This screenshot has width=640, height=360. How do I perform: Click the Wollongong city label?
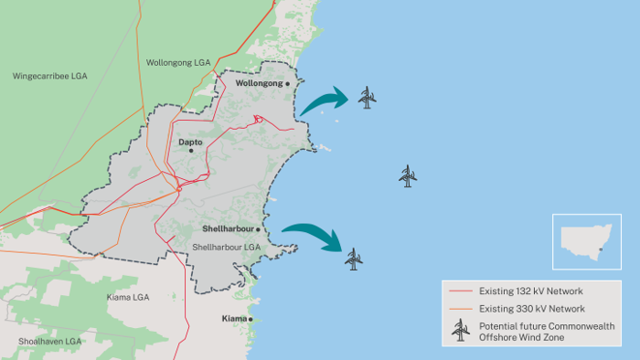coord(260,83)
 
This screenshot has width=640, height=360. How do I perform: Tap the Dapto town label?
coord(189,143)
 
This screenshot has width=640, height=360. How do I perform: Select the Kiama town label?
coord(234,319)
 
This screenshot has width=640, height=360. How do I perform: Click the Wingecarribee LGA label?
coord(49,75)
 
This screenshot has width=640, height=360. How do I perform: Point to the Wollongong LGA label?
coord(178,63)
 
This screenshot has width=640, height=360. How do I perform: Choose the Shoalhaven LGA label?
coord(50,341)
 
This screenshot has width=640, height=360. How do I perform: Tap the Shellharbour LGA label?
coord(227,248)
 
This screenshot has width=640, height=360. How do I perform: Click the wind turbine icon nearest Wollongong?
coord(367,97)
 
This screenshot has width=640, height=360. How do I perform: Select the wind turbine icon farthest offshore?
coord(408,176)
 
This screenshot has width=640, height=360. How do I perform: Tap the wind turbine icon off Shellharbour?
coord(354,259)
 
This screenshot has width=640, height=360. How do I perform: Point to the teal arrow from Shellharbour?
coord(312,236)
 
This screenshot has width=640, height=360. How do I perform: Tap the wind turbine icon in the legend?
coord(459,331)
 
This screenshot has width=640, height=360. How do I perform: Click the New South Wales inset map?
coord(586,241)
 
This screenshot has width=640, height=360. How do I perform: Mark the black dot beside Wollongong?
coord(288,83)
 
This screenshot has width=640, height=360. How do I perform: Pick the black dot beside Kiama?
coord(251,319)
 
